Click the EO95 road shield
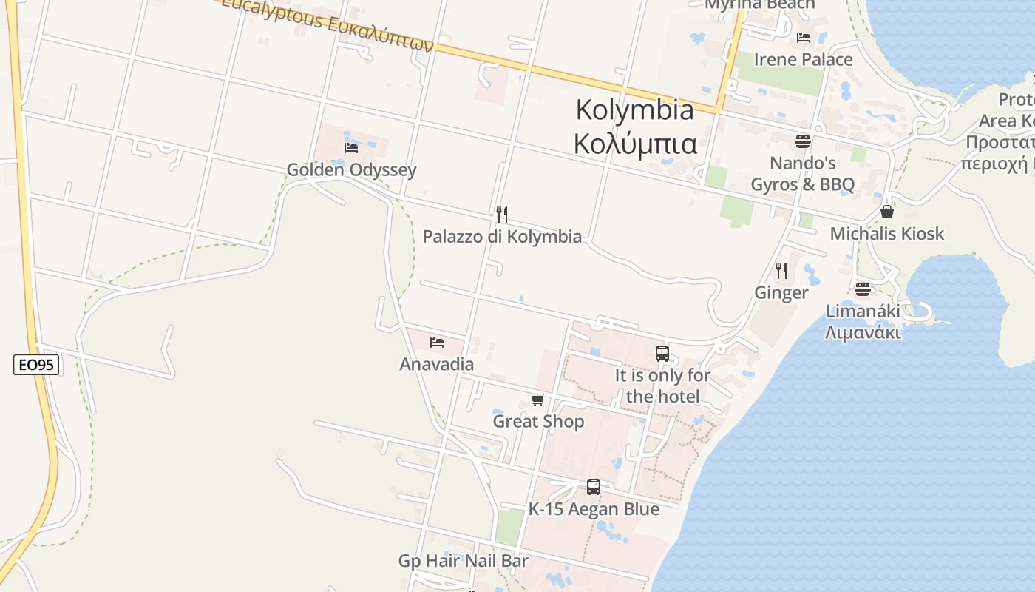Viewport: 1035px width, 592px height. pos(36,364)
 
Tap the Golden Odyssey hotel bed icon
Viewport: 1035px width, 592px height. pos(351,147)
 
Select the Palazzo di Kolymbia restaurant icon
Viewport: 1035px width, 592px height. pos(502,215)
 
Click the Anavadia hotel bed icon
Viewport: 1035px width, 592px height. pos(437,343)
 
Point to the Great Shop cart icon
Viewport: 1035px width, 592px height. pos(537,400)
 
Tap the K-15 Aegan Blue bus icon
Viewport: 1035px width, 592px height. pos(594,487)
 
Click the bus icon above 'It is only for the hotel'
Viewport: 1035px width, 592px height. pos(662,354)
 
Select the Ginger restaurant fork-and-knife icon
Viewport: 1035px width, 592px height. pos(781,271)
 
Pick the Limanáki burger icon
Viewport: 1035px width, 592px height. pos(862,289)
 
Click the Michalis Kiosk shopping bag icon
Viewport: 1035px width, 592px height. pos(887,212)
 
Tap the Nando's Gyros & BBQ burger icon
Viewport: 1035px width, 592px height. pos(803,141)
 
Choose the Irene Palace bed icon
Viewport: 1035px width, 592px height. pos(804,38)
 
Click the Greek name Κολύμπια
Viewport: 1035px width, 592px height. pos(635,143)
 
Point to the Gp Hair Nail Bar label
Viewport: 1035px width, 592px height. pos(464,561)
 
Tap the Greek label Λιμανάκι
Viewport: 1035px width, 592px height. pos(863,332)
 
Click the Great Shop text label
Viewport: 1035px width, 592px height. pos(538,422)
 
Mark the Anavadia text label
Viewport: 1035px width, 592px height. pos(437,364)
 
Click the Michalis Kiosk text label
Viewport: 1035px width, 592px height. pos(887,234)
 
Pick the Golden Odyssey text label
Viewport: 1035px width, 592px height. pos(352,170)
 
